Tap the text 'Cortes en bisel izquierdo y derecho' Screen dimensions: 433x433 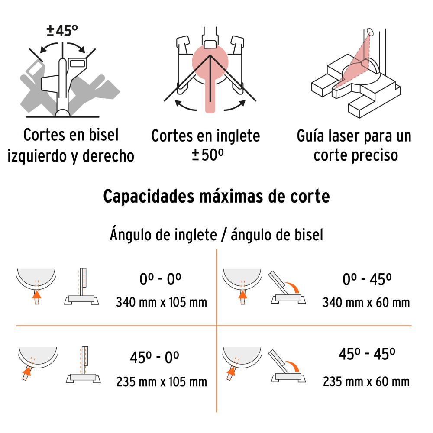71,145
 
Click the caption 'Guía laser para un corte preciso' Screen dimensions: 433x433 354,145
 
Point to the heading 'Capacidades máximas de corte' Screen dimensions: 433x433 216,196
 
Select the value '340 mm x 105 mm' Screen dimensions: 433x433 162,302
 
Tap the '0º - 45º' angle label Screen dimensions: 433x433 366,280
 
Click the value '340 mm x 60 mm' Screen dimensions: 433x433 366,302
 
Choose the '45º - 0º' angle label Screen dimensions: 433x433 154,358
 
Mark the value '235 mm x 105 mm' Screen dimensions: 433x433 162,382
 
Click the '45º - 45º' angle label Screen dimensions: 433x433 366,355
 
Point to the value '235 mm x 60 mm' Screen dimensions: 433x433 366,381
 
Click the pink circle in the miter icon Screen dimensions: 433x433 210,61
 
